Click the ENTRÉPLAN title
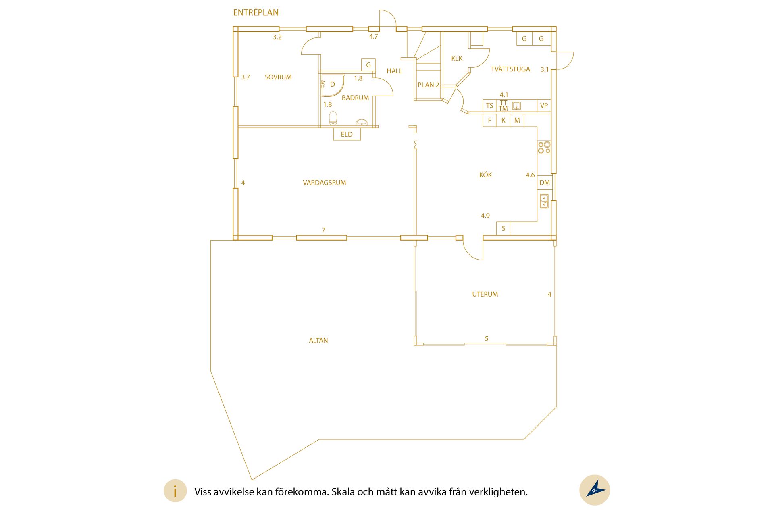[256, 12]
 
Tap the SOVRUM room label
[278, 77]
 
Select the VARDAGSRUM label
[325, 183]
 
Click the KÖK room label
[485, 175]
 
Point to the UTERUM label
[485, 294]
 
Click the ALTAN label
[318, 341]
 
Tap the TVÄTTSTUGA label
[510, 69]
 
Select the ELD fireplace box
[347, 134]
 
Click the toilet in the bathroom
[333, 118]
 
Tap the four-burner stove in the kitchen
[544, 148]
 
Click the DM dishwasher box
[545, 183]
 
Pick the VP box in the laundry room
[544, 106]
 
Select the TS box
[489, 106]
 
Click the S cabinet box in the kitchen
[504, 228]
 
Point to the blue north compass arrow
[595, 488]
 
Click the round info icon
[175, 491]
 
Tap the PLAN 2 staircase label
[428, 85]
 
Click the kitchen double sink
[544, 201]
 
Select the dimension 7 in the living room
[323, 230]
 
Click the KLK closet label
[457, 58]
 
